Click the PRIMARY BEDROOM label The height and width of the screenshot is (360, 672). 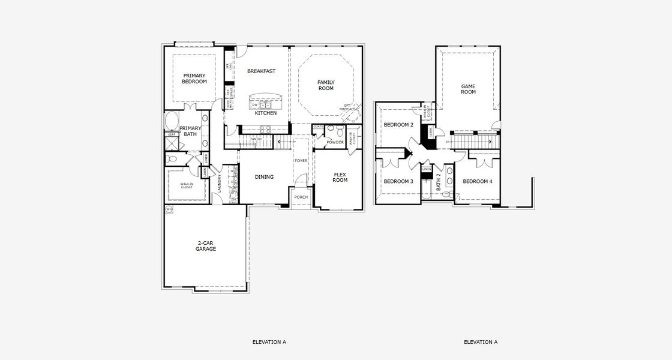pyautogui.click(x=194, y=79)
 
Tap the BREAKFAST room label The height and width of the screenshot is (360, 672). pyautogui.click(x=261, y=71)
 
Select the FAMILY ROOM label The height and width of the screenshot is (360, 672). pyautogui.click(x=326, y=85)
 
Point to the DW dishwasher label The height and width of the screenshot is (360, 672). pyautogui.click(x=254, y=105)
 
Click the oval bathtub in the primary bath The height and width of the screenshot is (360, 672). pyautogui.click(x=172, y=121)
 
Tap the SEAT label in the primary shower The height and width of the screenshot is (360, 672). pyautogui.click(x=171, y=134)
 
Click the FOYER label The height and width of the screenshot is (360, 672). pyautogui.click(x=301, y=161)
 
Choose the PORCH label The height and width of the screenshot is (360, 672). pyautogui.click(x=301, y=197)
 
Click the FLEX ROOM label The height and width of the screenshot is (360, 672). pyautogui.click(x=340, y=177)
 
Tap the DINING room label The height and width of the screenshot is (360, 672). pyautogui.click(x=264, y=177)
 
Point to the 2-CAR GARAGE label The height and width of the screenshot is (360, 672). pyautogui.click(x=206, y=246)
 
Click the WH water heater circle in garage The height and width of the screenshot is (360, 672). pyautogui.click(x=169, y=209)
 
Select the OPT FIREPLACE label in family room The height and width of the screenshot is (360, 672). pyautogui.click(x=347, y=107)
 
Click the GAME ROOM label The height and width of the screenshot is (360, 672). pyautogui.click(x=468, y=89)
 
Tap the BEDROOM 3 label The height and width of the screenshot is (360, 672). pyautogui.click(x=398, y=181)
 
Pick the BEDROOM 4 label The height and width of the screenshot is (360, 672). pyautogui.click(x=478, y=181)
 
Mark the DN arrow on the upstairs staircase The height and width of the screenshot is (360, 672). pyautogui.click(x=448, y=142)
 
